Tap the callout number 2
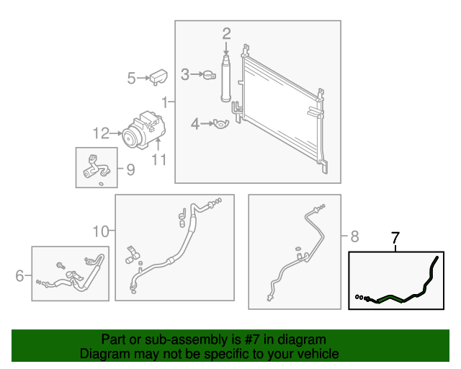226,32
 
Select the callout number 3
185,74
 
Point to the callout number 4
194,124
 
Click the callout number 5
131,78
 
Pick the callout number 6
19,275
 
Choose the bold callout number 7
394,237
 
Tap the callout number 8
354,236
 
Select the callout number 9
130,169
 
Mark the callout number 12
100,133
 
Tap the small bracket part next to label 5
158,76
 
